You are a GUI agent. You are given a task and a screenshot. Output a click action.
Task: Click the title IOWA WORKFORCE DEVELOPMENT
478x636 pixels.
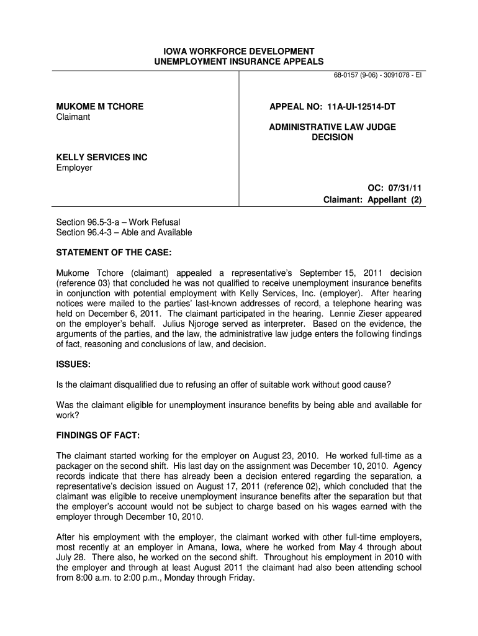(x=239, y=51)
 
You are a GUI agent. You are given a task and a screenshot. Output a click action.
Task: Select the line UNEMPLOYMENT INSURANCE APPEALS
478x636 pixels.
(x=239, y=61)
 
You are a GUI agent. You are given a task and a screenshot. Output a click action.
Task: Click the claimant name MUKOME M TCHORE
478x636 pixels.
(x=100, y=107)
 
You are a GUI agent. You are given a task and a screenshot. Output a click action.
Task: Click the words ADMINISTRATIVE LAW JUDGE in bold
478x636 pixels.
(x=332, y=127)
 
